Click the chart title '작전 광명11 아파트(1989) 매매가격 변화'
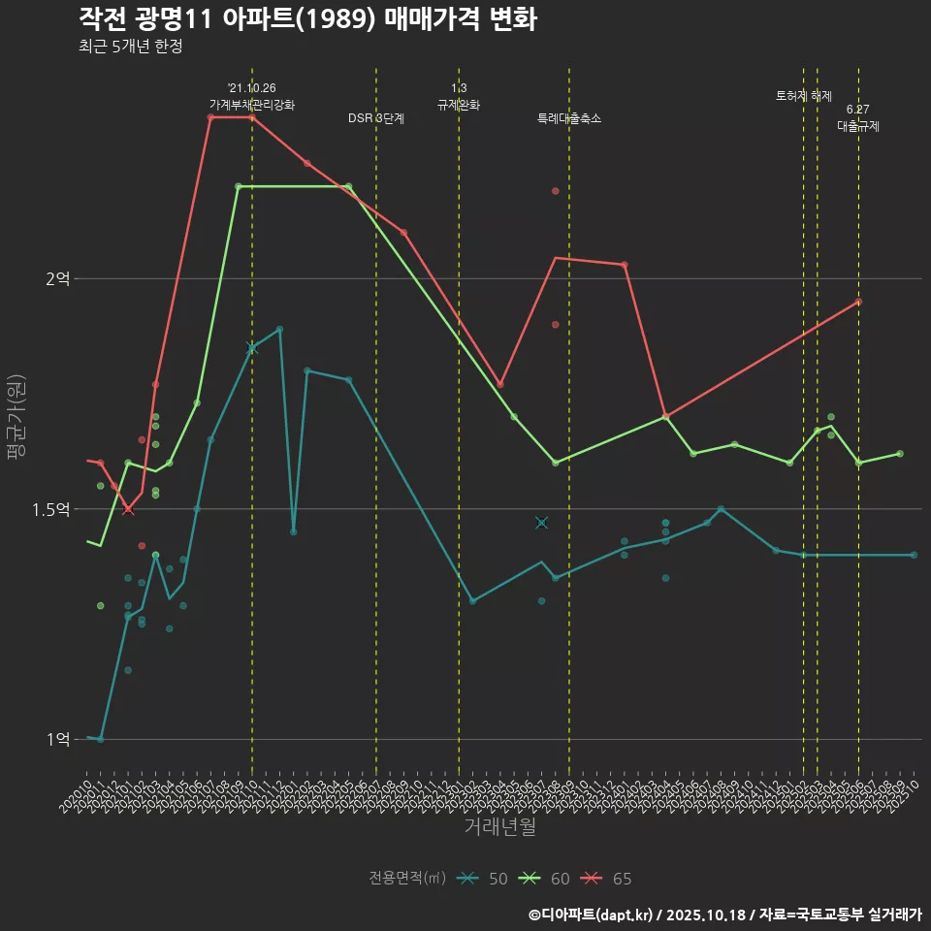[307, 19]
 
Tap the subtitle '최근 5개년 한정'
[130, 46]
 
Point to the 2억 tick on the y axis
[58, 278]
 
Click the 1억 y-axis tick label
[58, 739]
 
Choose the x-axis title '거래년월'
[499, 826]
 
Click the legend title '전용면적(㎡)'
[406, 879]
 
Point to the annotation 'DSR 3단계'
[376, 118]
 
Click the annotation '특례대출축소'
[569, 118]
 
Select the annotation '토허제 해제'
[804, 96]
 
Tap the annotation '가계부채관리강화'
[252, 104]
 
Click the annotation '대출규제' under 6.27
[858, 126]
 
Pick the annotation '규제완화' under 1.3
[459, 104]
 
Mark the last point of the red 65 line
[858, 302]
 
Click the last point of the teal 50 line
[914, 555]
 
